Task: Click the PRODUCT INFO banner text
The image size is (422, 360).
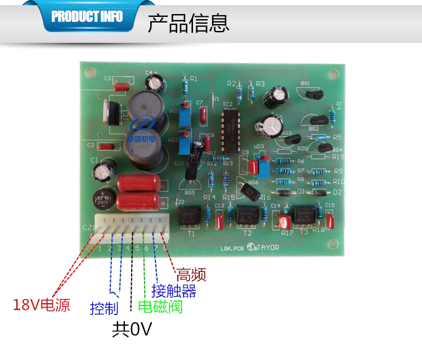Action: pyautogui.click(x=87, y=16)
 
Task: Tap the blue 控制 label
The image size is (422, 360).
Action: pyautogui.click(x=104, y=308)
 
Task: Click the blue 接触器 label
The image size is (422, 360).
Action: pyautogui.click(x=174, y=291)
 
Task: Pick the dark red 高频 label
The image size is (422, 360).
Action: pyautogui.click(x=191, y=274)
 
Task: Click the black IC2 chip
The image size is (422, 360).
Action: pyautogui.click(x=230, y=129)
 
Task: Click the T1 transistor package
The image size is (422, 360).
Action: pyautogui.click(x=190, y=217)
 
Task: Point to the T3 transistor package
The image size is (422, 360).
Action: pyautogui.click(x=304, y=215)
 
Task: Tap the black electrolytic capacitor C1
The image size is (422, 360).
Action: pyautogui.click(x=105, y=171)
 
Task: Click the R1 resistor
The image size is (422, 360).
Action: pyautogui.click(x=185, y=88)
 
